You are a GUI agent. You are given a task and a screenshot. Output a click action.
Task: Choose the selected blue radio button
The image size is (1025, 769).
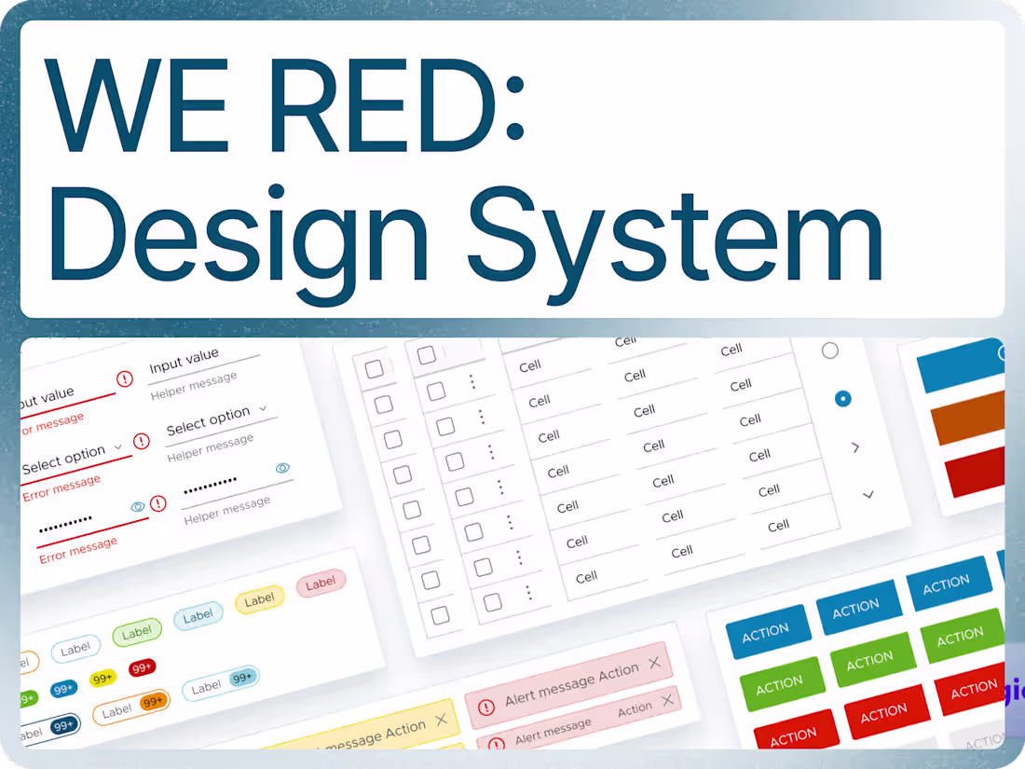pos(843,399)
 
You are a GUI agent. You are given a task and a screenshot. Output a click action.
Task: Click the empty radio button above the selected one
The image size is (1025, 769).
pos(829,350)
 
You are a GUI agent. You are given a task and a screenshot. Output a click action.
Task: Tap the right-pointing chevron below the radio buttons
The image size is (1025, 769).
pos(855,447)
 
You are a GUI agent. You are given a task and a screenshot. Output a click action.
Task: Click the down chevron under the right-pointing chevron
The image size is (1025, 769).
pos(868,494)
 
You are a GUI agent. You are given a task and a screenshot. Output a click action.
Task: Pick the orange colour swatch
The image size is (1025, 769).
pos(968,417)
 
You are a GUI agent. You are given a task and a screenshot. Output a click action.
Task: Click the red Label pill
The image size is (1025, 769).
pos(321,584)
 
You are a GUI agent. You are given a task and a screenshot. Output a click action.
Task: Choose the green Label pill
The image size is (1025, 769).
pos(137,633)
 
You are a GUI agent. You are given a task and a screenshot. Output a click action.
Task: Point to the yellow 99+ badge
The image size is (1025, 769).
pos(102,679)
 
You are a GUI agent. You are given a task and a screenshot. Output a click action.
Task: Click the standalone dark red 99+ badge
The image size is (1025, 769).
pos(143,668)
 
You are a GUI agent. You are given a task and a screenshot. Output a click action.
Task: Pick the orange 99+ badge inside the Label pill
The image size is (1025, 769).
pos(152,701)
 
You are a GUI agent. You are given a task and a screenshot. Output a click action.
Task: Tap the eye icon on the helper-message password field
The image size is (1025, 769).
pos(283,468)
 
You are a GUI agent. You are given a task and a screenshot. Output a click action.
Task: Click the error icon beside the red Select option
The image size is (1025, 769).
pos(142,441)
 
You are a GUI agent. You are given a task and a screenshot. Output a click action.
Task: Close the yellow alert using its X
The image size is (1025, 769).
pos(441,720)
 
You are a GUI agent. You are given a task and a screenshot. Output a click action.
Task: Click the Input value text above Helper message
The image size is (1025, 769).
pos(184,361)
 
